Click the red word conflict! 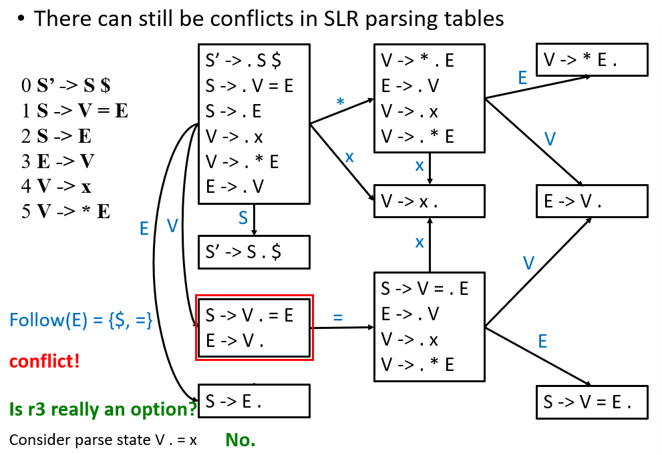[44, 362]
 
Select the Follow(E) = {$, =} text [81, 320]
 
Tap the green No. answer [240, 440]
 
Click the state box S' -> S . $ [254, 252]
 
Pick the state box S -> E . [254, 401]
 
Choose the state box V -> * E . [592, 59]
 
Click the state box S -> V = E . [592, 402]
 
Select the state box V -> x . [430, 201]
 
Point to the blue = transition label [338, 317]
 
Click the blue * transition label [340, 101]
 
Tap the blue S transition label [242, 218]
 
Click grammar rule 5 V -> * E [65, 211]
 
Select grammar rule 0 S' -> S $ [65, 85]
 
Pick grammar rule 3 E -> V [58, 161]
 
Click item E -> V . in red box [234, 340]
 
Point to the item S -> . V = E [249, 86]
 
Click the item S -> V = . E [424, 289]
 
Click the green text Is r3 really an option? [103, 409]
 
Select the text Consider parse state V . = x [103, 440]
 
